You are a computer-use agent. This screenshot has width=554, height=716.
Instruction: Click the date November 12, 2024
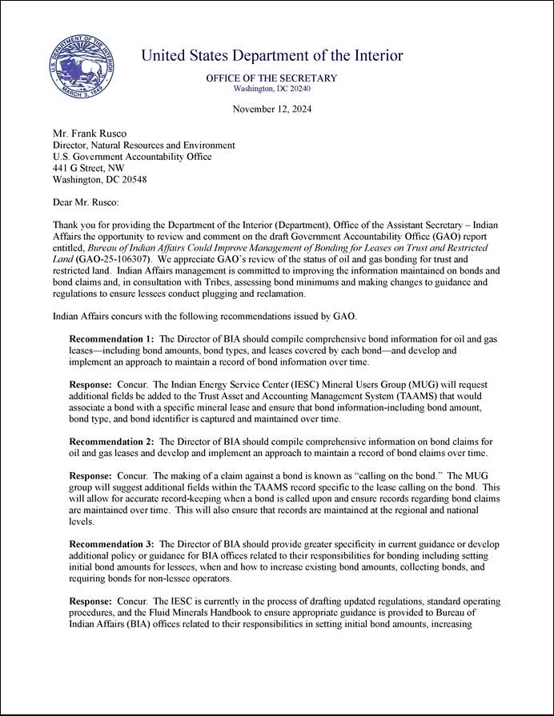(x=272, y=109)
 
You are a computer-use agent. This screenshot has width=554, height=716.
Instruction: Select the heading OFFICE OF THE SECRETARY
(x=271, y=78)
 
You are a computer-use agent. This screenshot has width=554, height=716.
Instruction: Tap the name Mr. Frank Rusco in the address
(x=86, y=134)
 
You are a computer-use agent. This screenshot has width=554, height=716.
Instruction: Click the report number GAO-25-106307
(x=110, y=260)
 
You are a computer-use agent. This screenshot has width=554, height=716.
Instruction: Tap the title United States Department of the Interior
(x=272, y=56)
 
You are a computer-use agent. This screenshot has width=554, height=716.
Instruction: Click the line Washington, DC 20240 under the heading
(x=271, y=89)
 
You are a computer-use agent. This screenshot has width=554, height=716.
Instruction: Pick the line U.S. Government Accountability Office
(x=132, y=157)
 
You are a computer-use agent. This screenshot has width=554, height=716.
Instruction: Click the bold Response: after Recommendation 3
(x=90, y=601)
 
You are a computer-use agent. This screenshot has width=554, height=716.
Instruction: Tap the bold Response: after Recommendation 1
(x=90, y=385)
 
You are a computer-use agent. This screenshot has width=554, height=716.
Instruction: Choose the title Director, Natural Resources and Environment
(x=143, y=146)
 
